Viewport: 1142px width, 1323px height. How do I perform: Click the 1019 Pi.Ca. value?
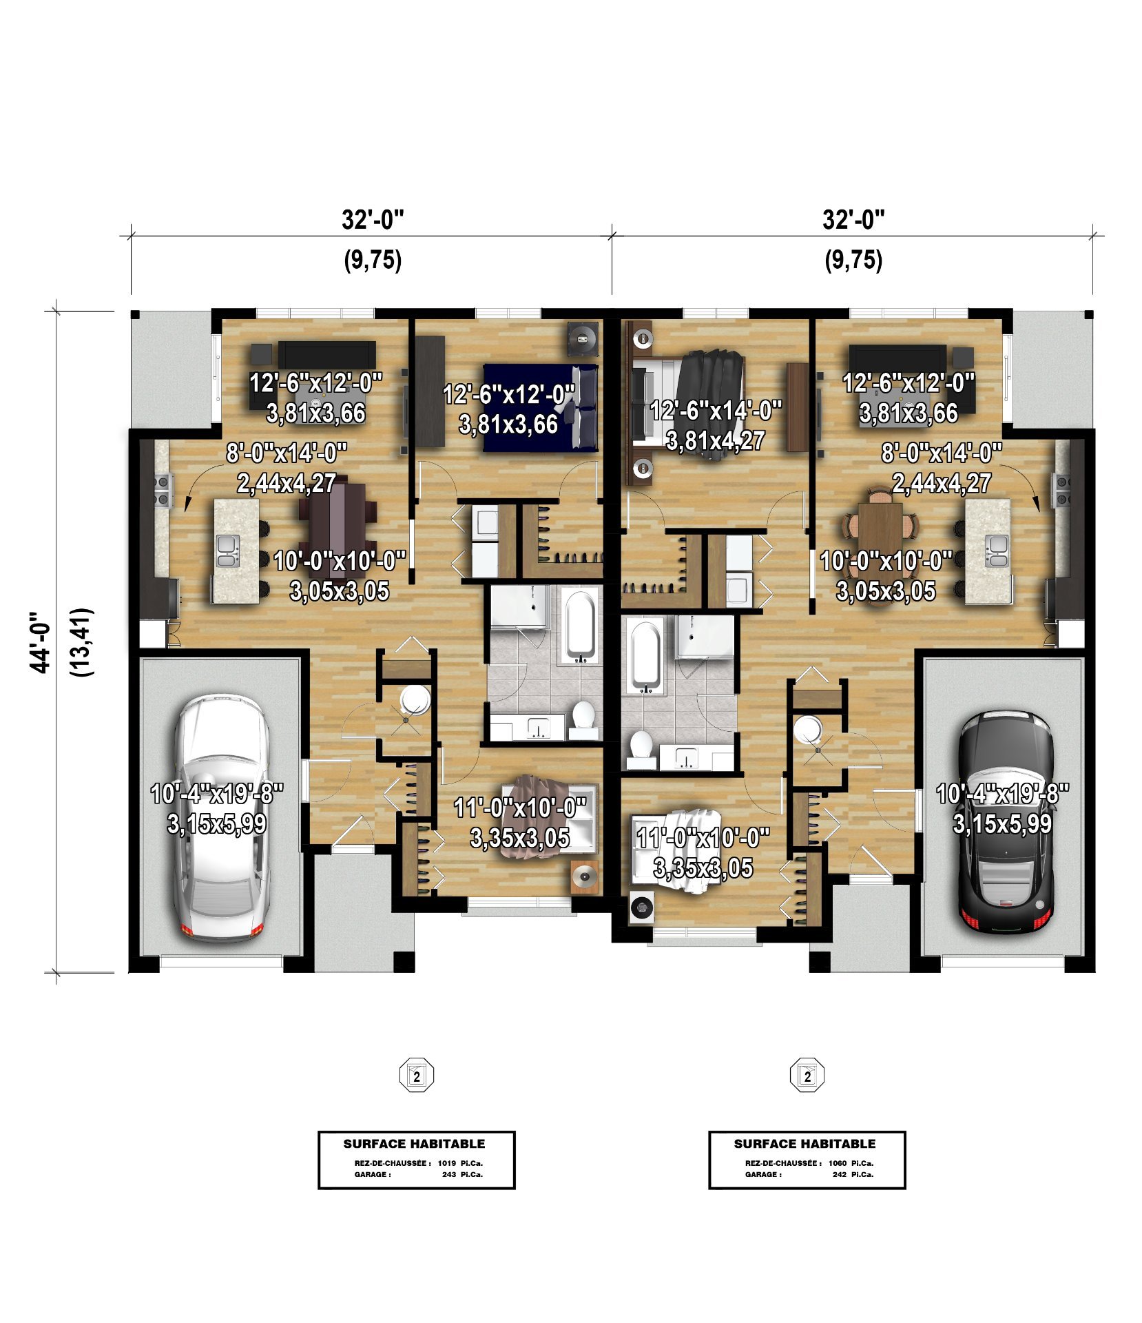coord(460,1163)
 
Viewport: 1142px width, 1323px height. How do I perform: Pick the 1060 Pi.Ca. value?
coord(851,1163)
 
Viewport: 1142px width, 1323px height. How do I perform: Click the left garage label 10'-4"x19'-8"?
coord(217,794)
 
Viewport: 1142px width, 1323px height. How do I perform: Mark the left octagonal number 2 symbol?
coord(417,1075)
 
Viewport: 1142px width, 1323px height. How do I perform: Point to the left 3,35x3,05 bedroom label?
coord(520,838)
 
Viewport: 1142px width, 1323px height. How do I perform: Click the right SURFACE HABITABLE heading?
coord(804,1144)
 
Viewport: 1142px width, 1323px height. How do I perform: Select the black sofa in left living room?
coord(327,353)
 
